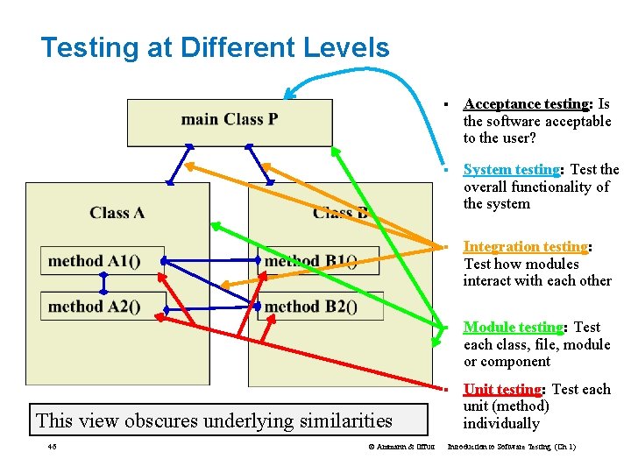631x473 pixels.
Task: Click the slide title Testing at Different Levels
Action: click(215, 47)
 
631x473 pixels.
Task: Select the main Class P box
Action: click(230, 121)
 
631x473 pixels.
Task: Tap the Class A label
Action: click(117, 213)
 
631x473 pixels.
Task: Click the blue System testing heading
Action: click(512, 170)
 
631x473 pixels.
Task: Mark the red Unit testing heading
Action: click(503, 390)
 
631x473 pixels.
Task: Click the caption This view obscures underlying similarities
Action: click(215, 420)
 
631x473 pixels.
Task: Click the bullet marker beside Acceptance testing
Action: click(447, 105)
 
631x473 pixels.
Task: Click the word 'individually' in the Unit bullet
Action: click(501, 424)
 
